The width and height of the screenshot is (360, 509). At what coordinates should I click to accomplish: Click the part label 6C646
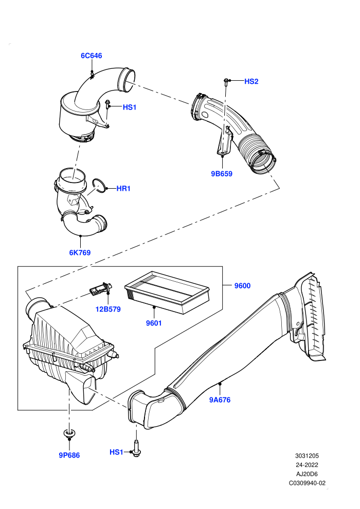pyautogui.click(x=91, y=56)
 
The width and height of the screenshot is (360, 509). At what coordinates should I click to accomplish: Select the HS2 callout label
pyautogui.click(x=251, y=81)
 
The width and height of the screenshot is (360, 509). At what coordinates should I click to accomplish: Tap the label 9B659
pyautogui.click(x=222, y=174)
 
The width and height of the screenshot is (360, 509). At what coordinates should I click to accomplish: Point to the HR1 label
pyautogui.click(x=123, y=188)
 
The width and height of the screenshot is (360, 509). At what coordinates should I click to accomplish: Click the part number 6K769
pyautogui.click(x=80, y=252)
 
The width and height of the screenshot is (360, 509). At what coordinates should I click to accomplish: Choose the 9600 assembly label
pyautogui.click(x=243, y=286)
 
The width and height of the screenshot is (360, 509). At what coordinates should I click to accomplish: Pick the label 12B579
pyautogui.click(x=108, y=309)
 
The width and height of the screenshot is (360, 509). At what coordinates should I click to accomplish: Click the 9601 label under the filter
pyautogui.click(x=154, y=323)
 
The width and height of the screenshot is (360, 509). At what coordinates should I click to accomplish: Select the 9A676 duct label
pyautogui.click(x=220, y=399)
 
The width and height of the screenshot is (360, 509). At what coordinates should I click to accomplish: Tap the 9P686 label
pyautogui.click(x=69, y=455)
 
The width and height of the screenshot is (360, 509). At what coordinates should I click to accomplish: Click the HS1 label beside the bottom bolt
pyautogui.click(x=116, y=452)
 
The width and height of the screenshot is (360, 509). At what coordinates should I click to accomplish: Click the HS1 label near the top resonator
pyautogui.click(x=130, y=107)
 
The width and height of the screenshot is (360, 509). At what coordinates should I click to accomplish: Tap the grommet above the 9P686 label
pyautogui.click(x=68, y=433)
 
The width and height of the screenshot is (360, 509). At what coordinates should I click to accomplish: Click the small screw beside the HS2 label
pyautogui.click(x=226, y=82)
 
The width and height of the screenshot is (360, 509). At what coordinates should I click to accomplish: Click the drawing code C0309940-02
pyautogui.click(x=307, y=483)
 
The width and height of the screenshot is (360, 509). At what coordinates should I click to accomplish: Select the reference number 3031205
pyautogui.click(x=307, y=456)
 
